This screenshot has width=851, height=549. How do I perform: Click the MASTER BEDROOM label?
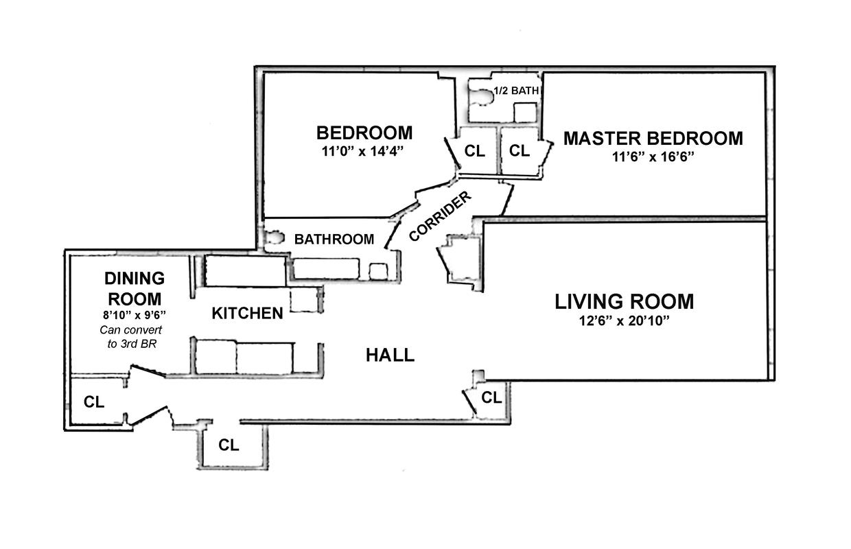point(653,139)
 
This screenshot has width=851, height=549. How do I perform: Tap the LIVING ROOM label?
point(624,301)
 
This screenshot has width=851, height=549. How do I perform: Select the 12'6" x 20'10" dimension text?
point(624,320)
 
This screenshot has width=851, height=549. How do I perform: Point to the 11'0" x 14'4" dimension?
point(364,151)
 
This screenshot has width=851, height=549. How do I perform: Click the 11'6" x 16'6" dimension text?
point(653,156)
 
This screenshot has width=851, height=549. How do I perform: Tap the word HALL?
point(390,355)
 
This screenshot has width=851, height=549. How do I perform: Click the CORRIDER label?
point(440,216)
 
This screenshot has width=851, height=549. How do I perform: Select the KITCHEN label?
point(247,314)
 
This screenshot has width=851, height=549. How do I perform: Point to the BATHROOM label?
point(334,240)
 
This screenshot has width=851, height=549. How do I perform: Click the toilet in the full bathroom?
point(275,238)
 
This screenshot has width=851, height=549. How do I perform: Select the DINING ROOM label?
point(134,289)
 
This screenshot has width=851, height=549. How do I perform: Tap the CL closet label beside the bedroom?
point(474,151)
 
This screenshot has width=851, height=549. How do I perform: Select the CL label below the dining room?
point(94,402)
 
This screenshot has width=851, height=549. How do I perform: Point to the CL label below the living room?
point(491,397)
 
